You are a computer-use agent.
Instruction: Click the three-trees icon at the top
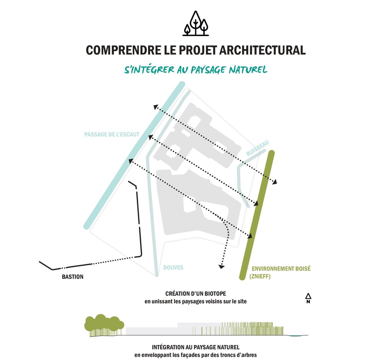click(x=196, y=23)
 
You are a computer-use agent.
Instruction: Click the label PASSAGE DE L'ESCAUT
click(x=112, y=135)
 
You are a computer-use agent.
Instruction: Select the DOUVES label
click(x=173, y=268)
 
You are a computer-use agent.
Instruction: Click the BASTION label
click(x=73, y=277)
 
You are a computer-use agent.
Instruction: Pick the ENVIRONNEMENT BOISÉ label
click(x=281, y=268)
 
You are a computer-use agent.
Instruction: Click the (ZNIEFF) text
click(x=260, y=276)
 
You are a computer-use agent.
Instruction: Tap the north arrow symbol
click(x=308, y=298)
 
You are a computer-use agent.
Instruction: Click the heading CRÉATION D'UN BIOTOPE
click(x=196, y=294)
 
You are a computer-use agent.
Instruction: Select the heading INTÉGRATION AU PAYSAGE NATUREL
click(x=196, y=347)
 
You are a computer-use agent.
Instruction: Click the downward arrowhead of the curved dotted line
click(x=221, y=266)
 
